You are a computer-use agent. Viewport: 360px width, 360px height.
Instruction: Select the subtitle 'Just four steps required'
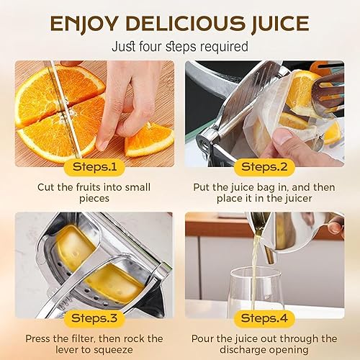pyautogui.click(x=180, y=47)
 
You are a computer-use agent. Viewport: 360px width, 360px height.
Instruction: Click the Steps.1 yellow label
pyautogui.click(x=94, y=167)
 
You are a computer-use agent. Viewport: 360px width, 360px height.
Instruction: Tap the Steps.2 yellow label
pyautogui.click(x=265, y=167)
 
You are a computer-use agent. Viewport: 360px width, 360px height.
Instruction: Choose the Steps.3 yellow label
pyautogui.click(x=94, y=318)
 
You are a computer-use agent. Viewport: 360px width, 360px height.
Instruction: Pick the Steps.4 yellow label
pyautogui.click(x=265, y=318)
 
